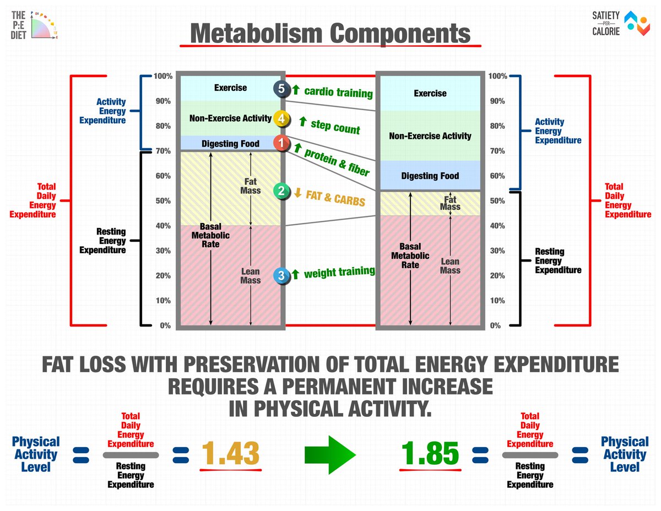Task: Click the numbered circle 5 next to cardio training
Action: [x=281, y=89]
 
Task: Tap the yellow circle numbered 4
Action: [x=281, y=118]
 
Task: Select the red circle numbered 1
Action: [x=281, y=144]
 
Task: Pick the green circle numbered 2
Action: [x=281, y=191]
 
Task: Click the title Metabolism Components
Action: [x=330, y=34]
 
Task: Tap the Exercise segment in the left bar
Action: [x=230, y=88]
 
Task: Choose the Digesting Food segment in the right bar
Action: [x=430, y=176]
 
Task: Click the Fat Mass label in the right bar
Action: [x=450, y=203]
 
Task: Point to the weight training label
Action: [x=339, y=272]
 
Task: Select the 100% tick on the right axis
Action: [x=498, y=76]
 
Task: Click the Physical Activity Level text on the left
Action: [x=35, y=454]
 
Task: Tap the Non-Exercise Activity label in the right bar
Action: [x=430, y=136]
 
